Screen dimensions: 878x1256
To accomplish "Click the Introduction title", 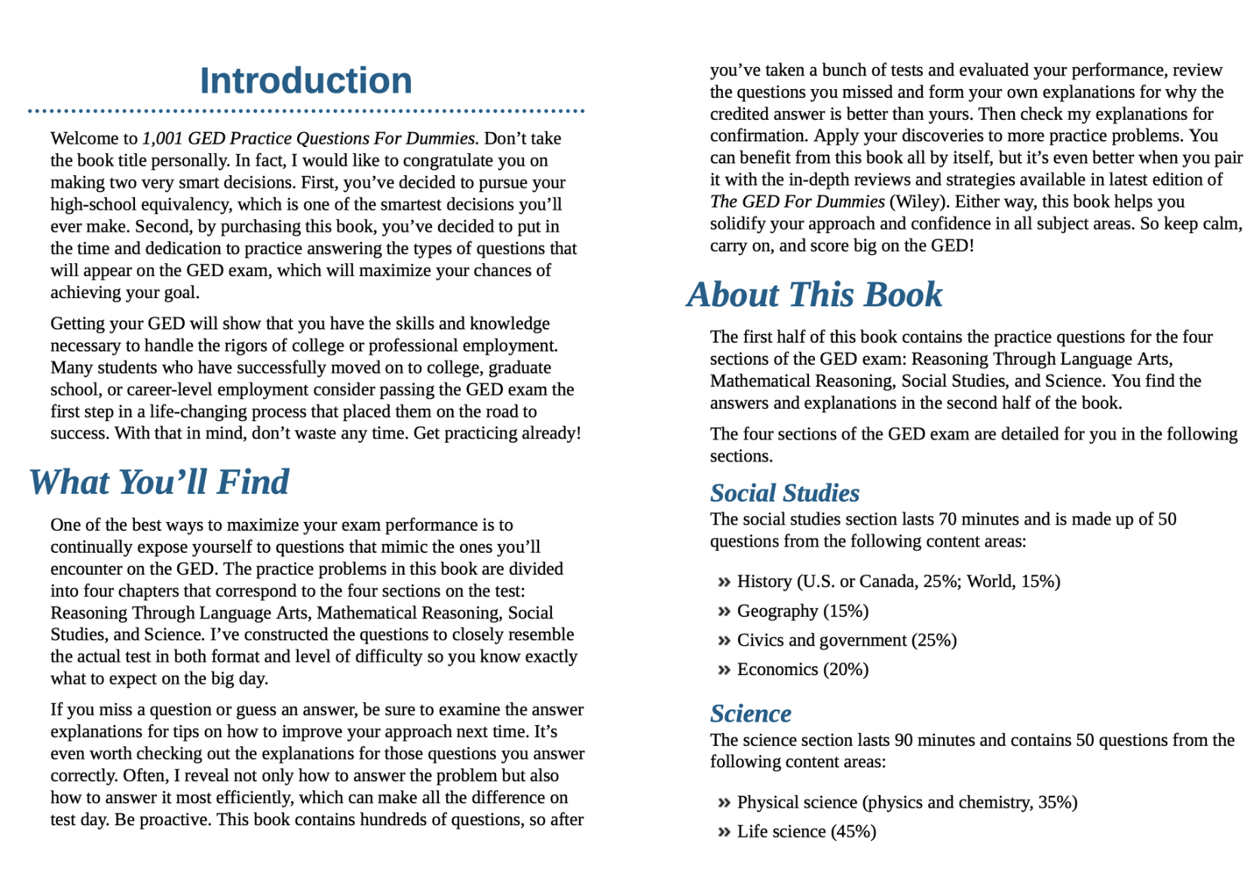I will tap(305, 81).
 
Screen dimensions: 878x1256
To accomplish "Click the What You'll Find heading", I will tap(159, 482).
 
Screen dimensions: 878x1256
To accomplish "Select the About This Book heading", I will tap(814, 294).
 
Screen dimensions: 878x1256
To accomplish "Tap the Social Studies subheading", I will tap(784, 493).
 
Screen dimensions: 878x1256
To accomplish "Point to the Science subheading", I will tap(750, 713).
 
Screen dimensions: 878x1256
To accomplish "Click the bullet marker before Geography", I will tap(724, 611).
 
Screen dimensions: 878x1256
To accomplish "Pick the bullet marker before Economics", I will tap(724, 670).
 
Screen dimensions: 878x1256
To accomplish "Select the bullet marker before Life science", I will tap(724, 832).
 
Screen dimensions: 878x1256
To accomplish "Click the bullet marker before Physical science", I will tap(724, 803).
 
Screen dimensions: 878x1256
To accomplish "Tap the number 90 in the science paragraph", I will tap(903, 740).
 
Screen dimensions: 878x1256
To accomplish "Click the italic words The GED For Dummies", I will tap(797, 202).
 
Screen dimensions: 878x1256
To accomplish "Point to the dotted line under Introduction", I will tap(305, 111).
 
